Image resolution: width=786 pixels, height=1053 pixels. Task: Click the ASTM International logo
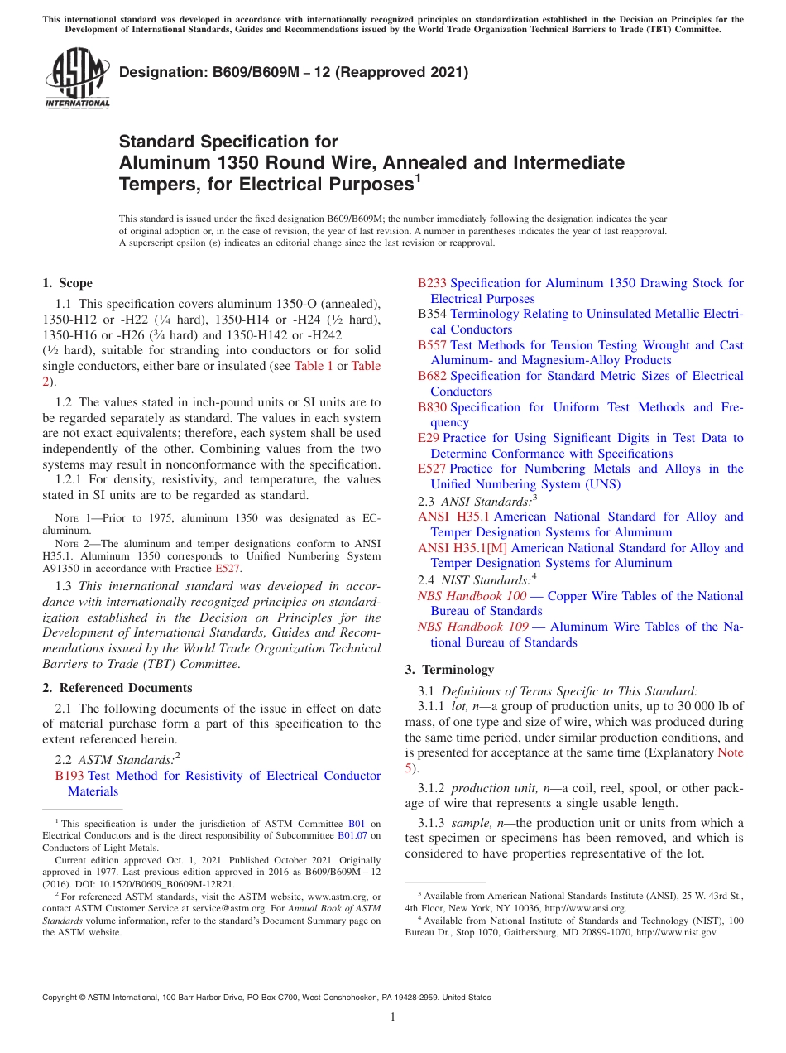tap(76, 79)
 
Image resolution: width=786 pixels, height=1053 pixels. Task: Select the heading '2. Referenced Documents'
tap(117, 688)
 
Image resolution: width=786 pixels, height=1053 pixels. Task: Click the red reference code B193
tap(69, 776)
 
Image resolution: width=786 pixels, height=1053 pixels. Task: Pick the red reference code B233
tap(432, 283)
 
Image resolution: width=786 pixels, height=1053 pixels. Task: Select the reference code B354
tap(432, 315)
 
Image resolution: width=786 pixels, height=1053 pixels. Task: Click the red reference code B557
tap(432, 345)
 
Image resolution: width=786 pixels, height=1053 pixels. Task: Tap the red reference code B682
tap(432, 376)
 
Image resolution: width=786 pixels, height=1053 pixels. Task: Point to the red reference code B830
tap(432, 407)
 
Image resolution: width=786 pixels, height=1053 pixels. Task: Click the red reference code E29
tap(429, 438)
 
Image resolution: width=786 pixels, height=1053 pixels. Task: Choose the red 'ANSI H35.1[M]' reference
tap(465, 548)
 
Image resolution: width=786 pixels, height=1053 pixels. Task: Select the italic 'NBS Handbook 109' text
tap(472, 627)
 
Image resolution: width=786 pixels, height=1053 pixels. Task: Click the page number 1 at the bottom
tap(393, 1017)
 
